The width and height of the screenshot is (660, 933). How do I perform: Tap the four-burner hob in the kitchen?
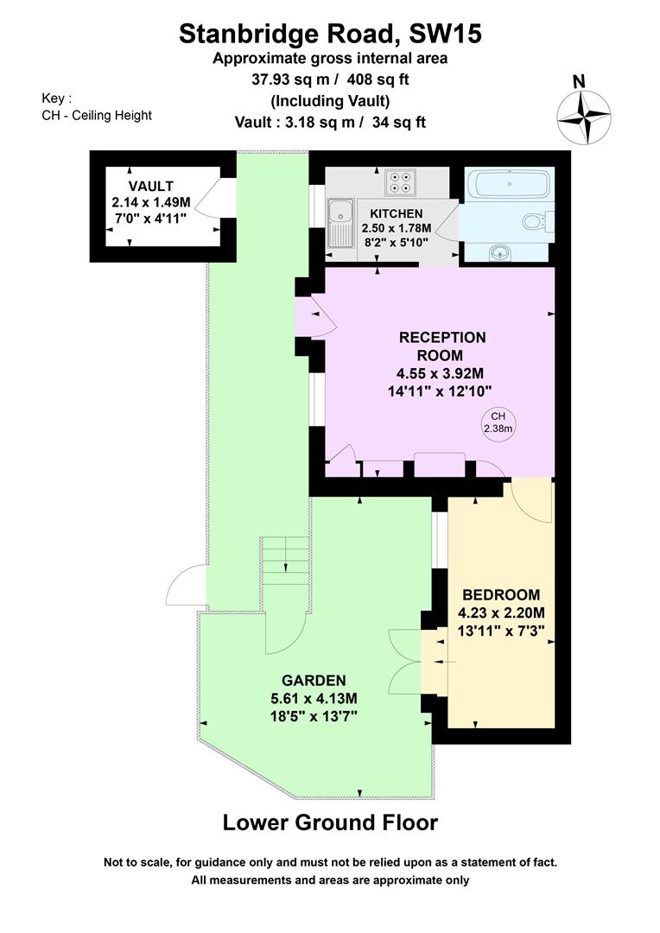(400, 181)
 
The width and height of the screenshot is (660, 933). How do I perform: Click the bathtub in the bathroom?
(509, 184)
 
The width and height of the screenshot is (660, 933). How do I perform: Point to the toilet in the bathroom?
(536, 223)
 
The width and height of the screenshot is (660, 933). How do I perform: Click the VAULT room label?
(151, 187)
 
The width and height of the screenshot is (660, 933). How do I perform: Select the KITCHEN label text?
(397, 213)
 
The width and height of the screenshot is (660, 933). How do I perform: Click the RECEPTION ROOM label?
(441, 346)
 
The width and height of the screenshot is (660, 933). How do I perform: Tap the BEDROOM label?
(501, 594)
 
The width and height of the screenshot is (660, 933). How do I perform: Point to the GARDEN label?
(314, 680)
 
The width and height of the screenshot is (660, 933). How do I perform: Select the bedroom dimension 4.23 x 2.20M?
(501, 612)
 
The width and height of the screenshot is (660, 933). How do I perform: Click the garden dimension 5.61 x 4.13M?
(314, 698)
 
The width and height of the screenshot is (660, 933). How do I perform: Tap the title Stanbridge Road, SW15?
(330, 34)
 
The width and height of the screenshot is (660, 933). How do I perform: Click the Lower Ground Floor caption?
(330, 822)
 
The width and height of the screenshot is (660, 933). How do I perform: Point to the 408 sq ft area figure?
(378, 79)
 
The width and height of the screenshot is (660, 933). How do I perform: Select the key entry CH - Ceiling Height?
(97, 116)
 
